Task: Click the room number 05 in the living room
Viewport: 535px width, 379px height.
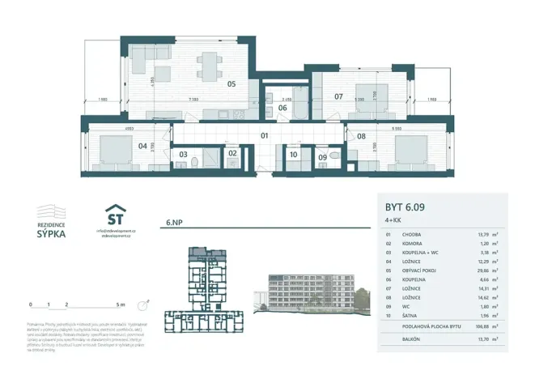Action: pos(231,83)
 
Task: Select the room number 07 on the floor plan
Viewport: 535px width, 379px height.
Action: pos(338,96)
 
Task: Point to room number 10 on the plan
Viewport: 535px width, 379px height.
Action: pos(293,153)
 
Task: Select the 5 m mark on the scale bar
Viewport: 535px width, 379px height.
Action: pos(121,305)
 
